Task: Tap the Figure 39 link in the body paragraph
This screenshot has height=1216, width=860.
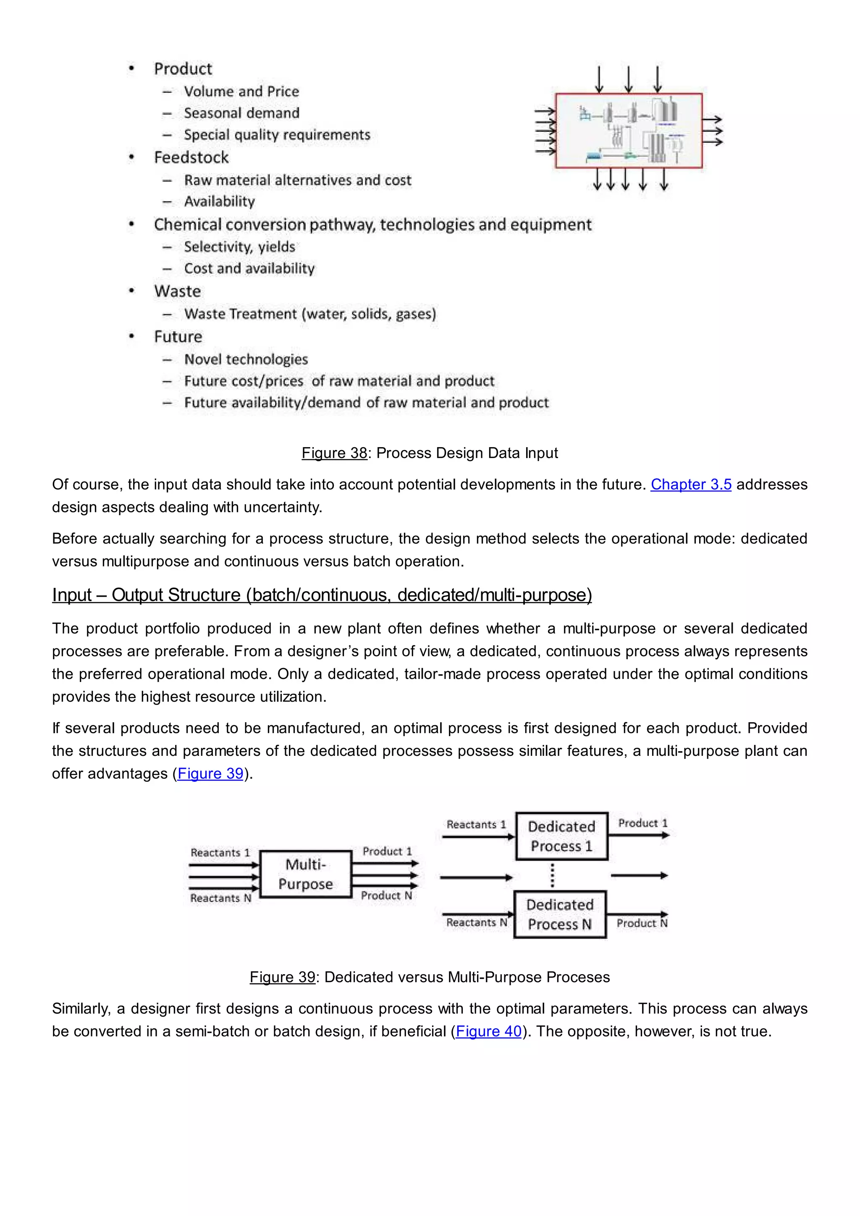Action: pos(210,773)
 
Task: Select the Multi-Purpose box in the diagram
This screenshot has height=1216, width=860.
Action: pos(306,874)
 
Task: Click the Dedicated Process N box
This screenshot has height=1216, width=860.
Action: pos(560,914)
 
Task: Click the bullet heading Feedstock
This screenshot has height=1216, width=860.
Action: pos(191,157)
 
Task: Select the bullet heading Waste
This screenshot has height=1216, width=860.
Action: pos(177,291)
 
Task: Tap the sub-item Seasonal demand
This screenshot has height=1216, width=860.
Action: pos(241,113)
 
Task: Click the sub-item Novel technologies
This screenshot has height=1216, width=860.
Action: pos(246,359)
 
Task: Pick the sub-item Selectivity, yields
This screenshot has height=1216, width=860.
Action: pos(239,247)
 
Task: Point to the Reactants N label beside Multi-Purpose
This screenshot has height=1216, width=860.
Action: pos(220,898)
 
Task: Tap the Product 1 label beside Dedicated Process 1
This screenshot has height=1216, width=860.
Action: pos(642,823)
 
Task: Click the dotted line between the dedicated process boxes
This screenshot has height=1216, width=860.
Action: pos(552,875)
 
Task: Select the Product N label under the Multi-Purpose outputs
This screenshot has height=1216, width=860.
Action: pos(386,896)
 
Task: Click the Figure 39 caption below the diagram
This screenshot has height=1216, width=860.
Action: pos(430,977)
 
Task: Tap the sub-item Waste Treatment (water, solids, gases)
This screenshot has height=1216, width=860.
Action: pos(310,314)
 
